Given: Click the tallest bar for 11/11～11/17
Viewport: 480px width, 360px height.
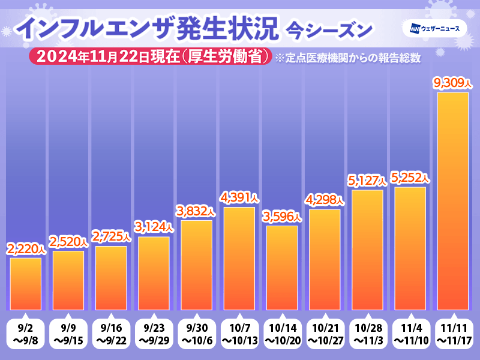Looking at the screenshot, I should [x=452, y=201].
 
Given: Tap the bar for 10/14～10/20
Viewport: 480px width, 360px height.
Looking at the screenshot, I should [x=282, y=268].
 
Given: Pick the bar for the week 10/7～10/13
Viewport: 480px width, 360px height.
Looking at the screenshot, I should [x=239, y=259].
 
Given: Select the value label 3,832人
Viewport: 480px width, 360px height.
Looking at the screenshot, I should [x=196, y=211].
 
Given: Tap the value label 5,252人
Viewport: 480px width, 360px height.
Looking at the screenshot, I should [x=410, y=178].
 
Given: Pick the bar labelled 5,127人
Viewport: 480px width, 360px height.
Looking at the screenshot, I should [x=368, y=250].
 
